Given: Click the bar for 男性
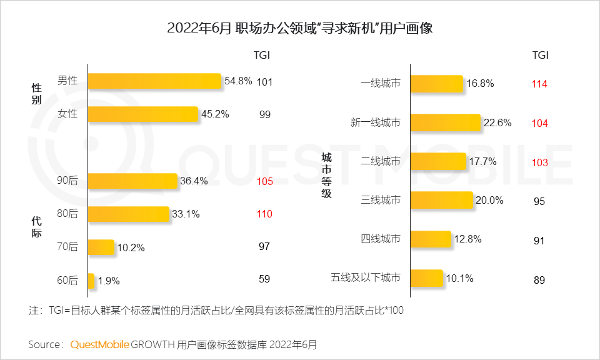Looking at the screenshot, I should (154, 81).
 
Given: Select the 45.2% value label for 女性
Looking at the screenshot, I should (215, 114).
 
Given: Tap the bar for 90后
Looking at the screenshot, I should (132, 181).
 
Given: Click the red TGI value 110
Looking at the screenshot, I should (264, 214).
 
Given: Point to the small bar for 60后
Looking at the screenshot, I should (91, 281).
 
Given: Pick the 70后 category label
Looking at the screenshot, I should (67, 247).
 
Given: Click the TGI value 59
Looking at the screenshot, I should (264, 280).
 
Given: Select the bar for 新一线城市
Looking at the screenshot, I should (445, 122).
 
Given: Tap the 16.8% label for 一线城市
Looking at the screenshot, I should (480, 83).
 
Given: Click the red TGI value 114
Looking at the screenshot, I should (539, 84).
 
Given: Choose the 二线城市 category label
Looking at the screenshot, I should (380, 162).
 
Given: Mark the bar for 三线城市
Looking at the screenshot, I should (441, 200).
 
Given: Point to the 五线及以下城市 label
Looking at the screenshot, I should (365, 277).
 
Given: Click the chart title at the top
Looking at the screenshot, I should (300, 29).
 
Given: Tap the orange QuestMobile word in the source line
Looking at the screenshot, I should (99, 344).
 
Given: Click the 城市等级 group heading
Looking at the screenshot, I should (326, 175).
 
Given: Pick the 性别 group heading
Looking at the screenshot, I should (36, 94).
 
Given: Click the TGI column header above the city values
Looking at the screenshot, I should (540, 54).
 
